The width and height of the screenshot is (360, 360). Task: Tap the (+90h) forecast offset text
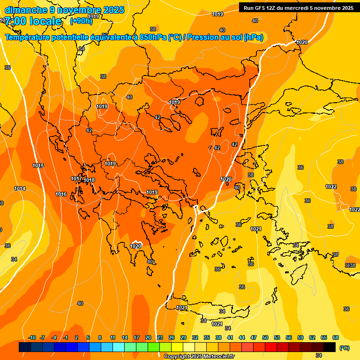tap(81, 21)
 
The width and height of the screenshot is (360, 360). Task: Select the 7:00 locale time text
tap(33, 21)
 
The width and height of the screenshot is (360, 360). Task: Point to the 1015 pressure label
tap(38, 166)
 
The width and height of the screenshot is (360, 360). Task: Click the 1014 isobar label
tap(20, 188)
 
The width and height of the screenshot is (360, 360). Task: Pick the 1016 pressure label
tap(61, 194)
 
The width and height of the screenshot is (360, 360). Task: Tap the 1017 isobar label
tap(76, 179)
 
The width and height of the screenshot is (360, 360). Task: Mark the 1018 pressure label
tap(89, 180)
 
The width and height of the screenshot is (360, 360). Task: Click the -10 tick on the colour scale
tap(32, 337)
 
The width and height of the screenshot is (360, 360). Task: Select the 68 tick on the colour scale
tap(336, 337)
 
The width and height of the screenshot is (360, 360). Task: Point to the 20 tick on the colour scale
tap(148, 337)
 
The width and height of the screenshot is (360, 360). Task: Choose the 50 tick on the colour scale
tap(265, 337)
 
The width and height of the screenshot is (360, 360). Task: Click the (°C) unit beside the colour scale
tap(345, 348)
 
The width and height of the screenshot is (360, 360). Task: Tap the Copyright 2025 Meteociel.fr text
tap(199, 357)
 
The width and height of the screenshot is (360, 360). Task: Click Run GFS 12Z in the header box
tap(260, 8)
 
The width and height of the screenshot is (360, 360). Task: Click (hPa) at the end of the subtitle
tap(253, 37)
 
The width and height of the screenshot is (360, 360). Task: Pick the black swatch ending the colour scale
tap(330, 347)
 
